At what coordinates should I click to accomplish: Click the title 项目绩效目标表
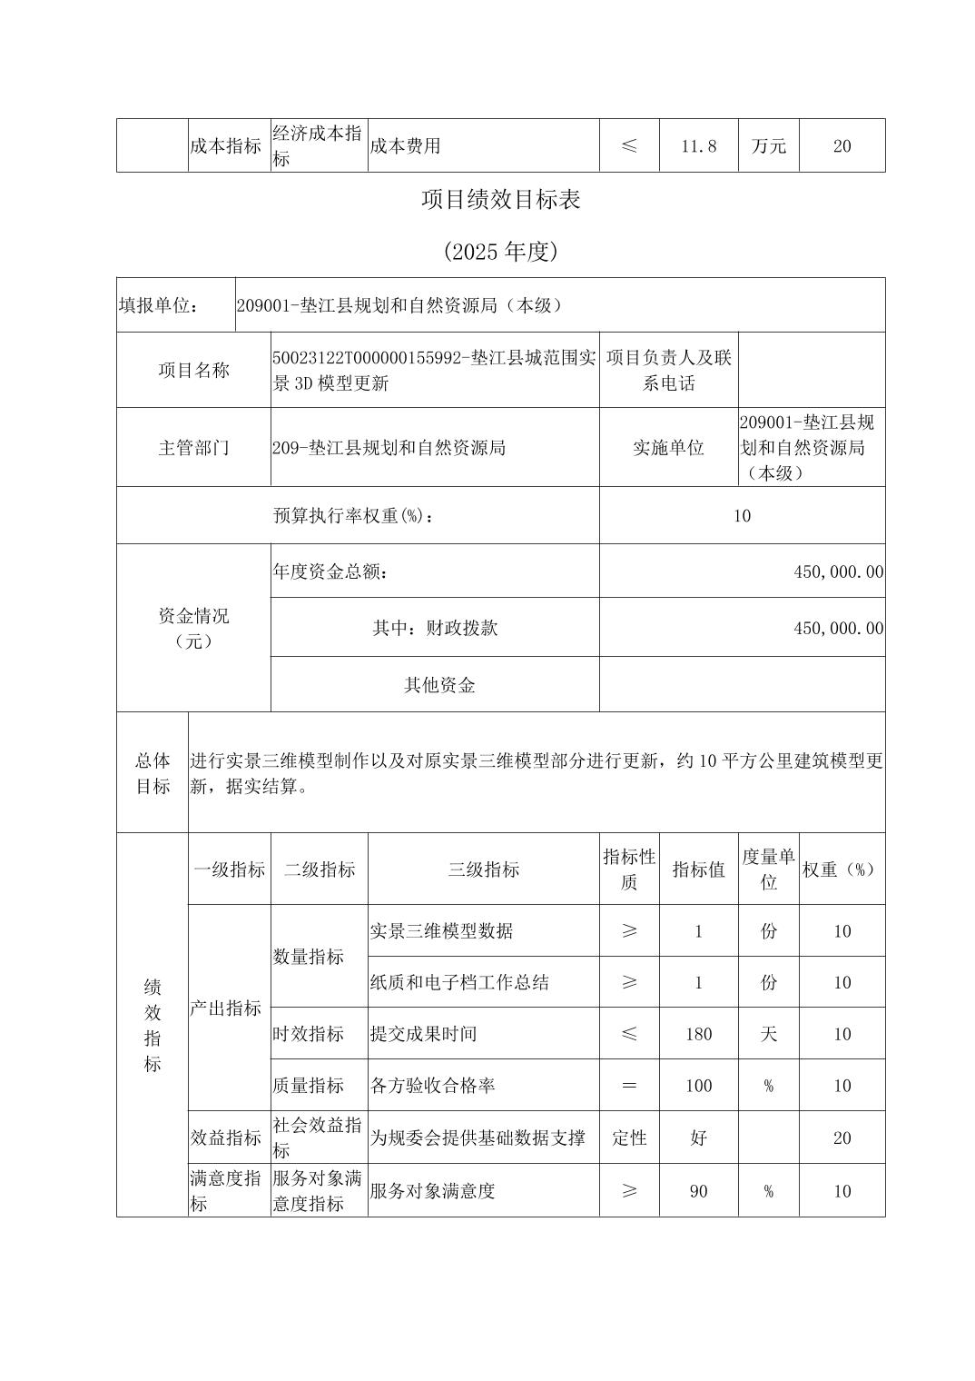coord(500,200)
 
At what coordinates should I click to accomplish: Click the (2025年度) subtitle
coord(500,252)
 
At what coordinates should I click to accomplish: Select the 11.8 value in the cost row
coord(698,145)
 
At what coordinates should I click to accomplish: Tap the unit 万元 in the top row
coord(768,145)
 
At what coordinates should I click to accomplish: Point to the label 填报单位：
coord(159,305)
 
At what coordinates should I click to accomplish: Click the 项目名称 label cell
coord(193,370)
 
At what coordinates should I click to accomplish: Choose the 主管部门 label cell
coord(193,447)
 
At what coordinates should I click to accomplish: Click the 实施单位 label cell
coord(668,447)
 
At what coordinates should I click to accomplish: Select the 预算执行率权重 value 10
coord(742,515)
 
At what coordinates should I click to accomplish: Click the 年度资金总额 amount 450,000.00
coord(838,571)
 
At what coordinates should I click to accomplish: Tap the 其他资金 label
coord(439,685)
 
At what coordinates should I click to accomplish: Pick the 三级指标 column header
coord(483,869)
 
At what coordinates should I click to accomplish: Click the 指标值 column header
coord(698,869)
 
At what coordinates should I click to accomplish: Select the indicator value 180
coord(698,1034)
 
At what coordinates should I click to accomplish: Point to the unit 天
coord(768,1034)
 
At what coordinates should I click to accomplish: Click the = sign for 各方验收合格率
coord(628,1086)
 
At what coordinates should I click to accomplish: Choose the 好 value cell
coord(698,1138)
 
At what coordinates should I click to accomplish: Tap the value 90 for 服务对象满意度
coord(698,1191)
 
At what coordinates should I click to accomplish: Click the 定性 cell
coord(628,1138)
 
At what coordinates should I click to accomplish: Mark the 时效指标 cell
coord(309,1034)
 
